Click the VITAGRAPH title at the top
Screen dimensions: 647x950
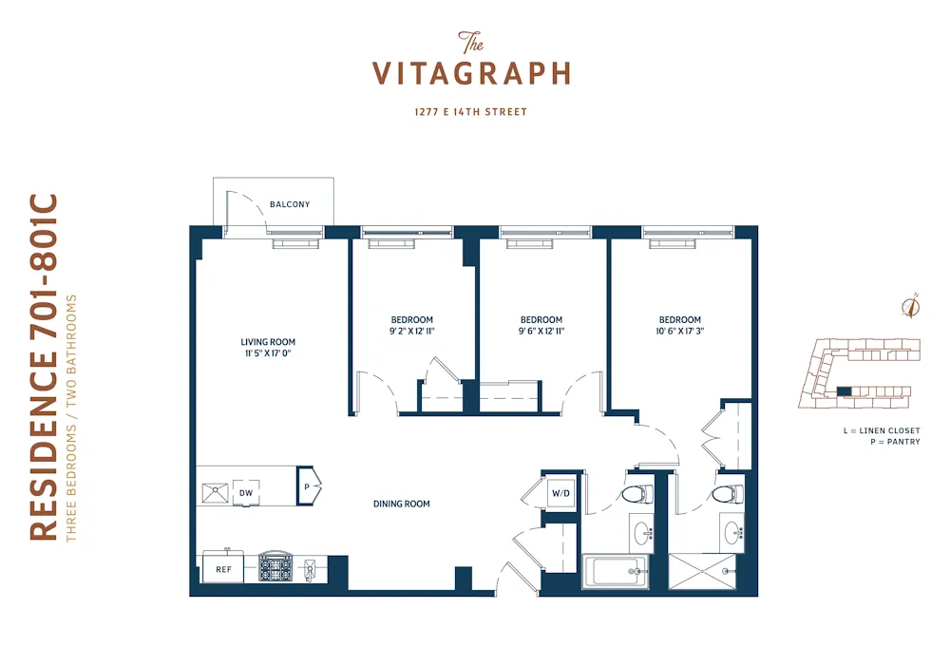click(x=470, y=73)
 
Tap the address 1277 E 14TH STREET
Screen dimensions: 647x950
click(x=470, y=112)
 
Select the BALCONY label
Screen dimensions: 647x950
click(x=289, y=204)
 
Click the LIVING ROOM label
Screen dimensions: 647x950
click(x=267, y=342)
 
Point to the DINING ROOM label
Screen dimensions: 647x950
click(x=401, y=504)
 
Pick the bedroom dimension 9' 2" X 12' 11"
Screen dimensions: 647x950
click(x=411, y=332)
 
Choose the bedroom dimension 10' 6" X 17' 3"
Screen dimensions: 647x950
click(x=679, y=332)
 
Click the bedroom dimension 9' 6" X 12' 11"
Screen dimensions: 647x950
click(x=541, y=332)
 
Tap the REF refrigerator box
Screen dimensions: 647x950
click(x=223, y=570)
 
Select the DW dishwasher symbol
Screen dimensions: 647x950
click(x=246, y=493)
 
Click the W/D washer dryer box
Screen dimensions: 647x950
click(x=560, y=494)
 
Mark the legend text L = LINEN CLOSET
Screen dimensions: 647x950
click(x=882, y=430)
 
